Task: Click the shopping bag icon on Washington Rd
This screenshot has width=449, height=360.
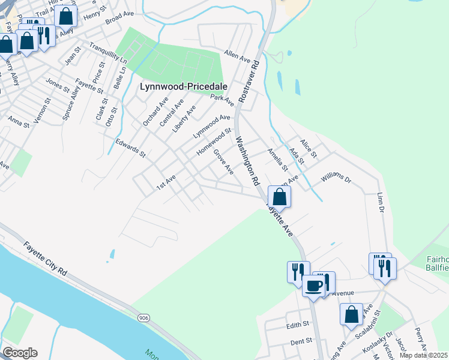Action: [279, 196]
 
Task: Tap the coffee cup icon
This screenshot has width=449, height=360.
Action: [313, 285]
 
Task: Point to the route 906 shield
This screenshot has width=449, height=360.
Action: [143, 317]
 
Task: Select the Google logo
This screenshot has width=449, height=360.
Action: [20, 353]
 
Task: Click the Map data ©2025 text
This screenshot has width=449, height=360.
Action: [423, 355]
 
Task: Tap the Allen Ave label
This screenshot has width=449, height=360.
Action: [237, 56]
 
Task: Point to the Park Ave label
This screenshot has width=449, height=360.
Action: [222, 100]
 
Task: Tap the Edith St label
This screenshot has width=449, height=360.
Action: [297, 324]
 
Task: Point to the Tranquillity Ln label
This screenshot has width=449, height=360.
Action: [108, 54]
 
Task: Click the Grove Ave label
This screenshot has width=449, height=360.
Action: [223, 162]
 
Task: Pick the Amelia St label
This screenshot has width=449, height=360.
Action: [277, 160]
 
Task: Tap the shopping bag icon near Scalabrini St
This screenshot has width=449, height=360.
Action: [351, 314]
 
